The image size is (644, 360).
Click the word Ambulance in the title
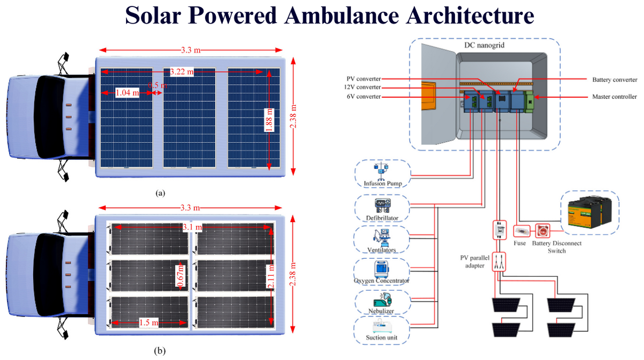[x=341, y=15]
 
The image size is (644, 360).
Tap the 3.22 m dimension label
[x=182, y=71]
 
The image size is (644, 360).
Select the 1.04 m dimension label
[x=127, y=93]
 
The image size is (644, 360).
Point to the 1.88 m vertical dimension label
[x=269, y=120]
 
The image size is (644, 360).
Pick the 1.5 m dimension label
[x=149, y=322]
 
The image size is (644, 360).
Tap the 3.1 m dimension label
[x=192, y=227]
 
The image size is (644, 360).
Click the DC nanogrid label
[x=484, y=45]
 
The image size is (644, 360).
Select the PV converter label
[x=363, y=79]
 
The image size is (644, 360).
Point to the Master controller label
[x=614, y=97]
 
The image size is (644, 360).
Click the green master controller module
[x=529, y=101]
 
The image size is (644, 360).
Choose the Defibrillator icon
[x=382, y=205]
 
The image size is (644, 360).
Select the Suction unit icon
[x=382, y=326]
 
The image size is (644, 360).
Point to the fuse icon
[x=522, y=231]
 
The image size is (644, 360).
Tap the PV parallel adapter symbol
[x=499, y=262]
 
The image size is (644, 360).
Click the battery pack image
[x=589, y=212]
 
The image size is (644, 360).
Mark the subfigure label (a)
[x=160, y=193]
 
